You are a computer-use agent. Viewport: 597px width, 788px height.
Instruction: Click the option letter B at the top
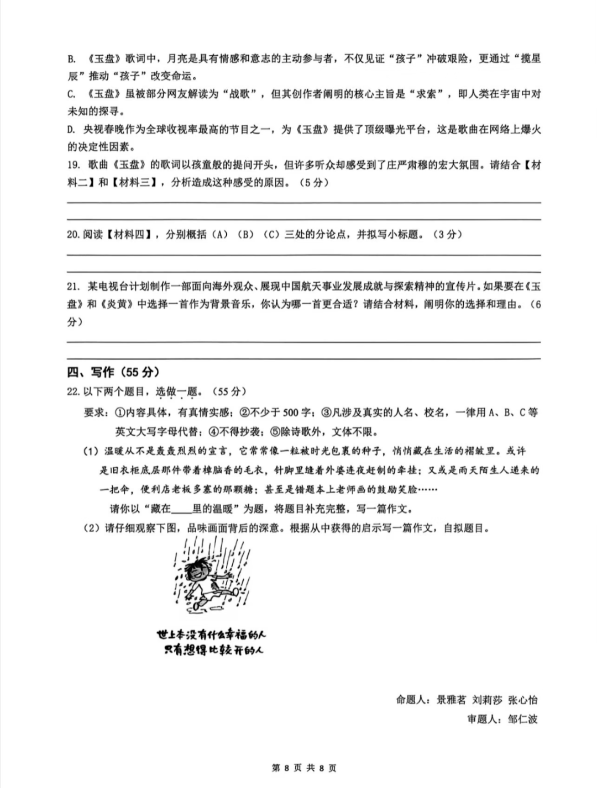71,59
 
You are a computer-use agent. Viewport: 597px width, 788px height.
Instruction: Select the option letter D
71,130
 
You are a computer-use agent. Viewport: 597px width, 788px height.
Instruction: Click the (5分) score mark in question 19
313,183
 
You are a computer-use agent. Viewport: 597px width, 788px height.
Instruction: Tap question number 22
74,392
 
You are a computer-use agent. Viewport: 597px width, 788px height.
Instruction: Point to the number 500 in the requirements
290,412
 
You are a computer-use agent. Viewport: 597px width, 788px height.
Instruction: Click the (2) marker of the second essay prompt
91,528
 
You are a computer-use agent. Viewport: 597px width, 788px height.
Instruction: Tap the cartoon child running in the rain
209,577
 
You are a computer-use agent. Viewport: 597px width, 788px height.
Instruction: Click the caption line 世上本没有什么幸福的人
211,634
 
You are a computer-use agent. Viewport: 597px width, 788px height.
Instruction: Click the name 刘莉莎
487,700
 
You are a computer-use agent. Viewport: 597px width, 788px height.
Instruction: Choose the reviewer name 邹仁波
522,719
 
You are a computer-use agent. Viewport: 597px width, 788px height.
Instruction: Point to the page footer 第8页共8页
304,768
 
